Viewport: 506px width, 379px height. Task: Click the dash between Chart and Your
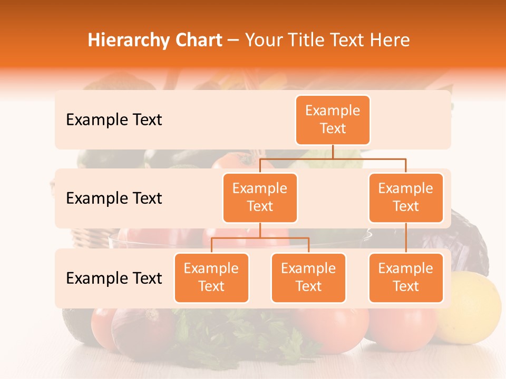coord(233,41)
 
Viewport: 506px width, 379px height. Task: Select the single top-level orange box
coord(333,120)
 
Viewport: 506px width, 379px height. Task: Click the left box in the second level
coord(260,198)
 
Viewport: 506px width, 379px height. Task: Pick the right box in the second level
coord(406,198)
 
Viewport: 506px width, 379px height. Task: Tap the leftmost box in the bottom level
coord(211,278)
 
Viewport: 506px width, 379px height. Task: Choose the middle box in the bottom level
coord(308,278)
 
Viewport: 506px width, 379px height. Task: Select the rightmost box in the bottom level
coord(406,278)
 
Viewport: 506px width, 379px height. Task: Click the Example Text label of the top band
coord(114,120)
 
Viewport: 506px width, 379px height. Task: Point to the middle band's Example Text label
coord(114,198)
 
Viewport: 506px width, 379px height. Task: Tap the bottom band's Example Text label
coord(114,278)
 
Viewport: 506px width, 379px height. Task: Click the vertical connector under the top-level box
coord(333,152)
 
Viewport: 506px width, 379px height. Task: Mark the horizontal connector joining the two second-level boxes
coord(333,158)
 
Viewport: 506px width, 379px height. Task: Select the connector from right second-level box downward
coord(406,238)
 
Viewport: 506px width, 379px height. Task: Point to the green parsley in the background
coord(237,337)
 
